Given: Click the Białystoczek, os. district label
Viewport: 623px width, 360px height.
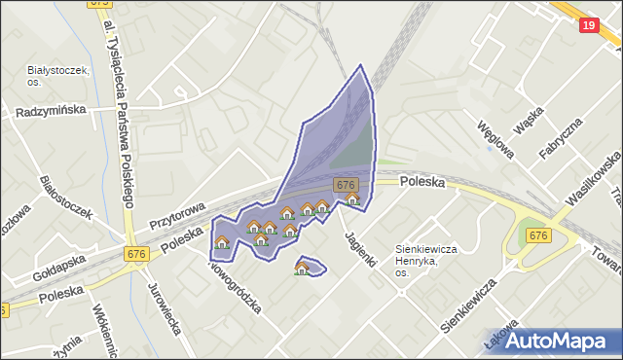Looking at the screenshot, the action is [58, 76].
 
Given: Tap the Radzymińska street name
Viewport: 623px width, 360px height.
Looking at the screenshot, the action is [51, 112].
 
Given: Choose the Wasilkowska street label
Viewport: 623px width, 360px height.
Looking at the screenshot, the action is [593, 176].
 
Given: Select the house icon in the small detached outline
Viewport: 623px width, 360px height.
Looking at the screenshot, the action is [302, 269].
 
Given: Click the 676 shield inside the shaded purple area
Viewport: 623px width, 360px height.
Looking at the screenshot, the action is [345, 185].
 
